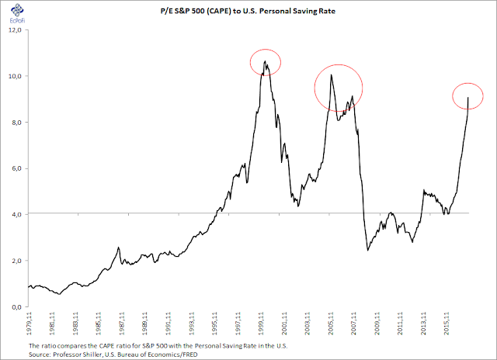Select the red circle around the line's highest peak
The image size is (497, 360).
coord(265,62)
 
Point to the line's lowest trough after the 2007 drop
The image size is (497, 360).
coord(368,250)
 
